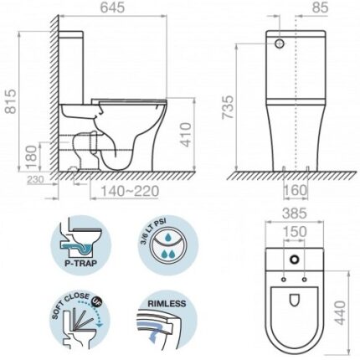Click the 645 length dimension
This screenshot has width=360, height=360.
(113, 8)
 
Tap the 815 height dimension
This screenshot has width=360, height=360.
(11, 101)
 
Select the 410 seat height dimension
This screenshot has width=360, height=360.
(185, 135)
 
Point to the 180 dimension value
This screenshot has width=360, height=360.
(32, 157)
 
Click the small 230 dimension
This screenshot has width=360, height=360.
(35, 180)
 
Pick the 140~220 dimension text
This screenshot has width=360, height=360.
(130, 191)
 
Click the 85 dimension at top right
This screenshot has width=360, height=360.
(320, 8)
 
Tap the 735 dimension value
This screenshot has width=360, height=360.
(228, 107)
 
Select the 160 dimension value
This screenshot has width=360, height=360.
(296, 190)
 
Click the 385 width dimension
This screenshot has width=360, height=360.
(295, 213)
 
